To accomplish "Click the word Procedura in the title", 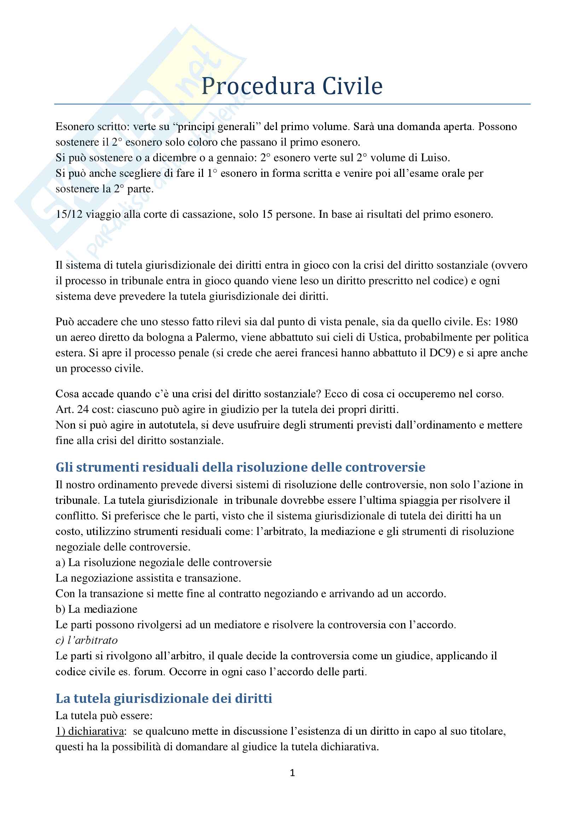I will coord(259,86).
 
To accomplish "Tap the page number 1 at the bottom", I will coord(292,773).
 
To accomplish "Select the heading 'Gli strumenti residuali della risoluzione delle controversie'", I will coord(240,467).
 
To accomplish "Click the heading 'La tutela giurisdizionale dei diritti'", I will coord(163,698).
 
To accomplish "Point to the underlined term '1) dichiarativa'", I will coord(90,731).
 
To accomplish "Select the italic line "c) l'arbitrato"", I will coord(86,640).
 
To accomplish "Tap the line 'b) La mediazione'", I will coord(96,609).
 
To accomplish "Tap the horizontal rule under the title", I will coord(292,104).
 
